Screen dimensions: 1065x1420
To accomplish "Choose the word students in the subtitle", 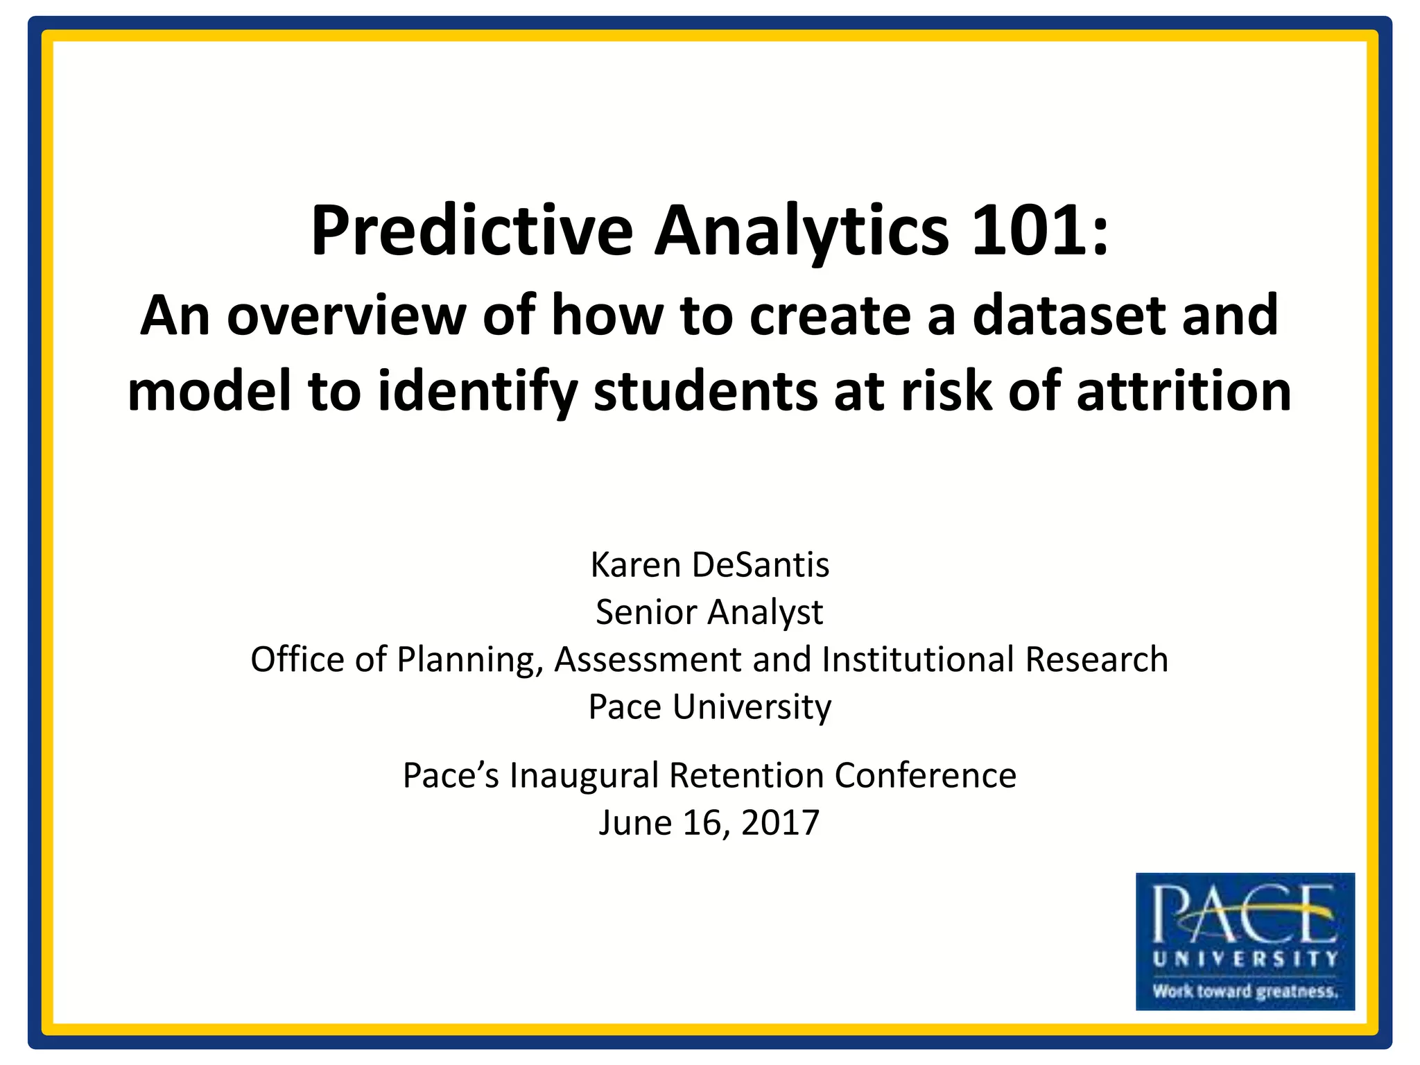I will pos(705,392).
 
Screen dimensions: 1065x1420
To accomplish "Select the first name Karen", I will pos(635,564).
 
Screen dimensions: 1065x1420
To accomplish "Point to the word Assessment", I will pos(648,659).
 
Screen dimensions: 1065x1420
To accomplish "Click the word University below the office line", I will pos(752,707).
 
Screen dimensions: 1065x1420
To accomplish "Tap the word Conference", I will pos(925,775).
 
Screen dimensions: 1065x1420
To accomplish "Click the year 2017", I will pos(780,823).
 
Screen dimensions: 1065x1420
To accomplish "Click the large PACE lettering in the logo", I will pos(1245,915).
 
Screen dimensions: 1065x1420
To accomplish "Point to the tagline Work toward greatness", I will pos(1245,991).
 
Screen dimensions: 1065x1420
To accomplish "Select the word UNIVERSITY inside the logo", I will pos(1245,959).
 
